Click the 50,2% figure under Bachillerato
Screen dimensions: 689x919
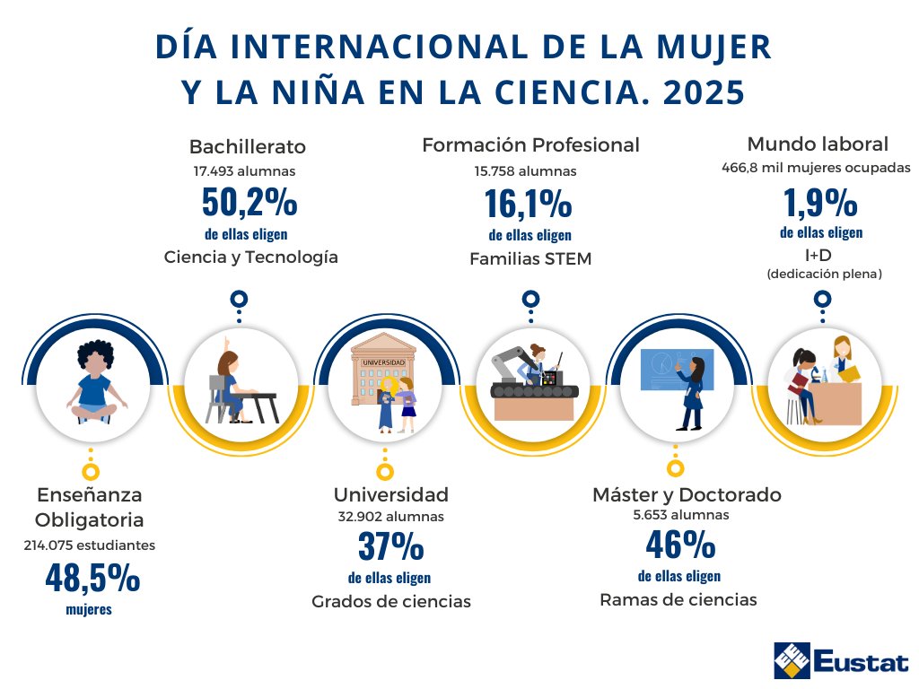(249, 203)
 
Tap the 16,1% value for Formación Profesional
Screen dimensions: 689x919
(529, 205)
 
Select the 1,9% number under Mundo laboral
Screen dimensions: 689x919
(820, 203)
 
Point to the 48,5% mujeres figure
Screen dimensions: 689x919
(92, 580)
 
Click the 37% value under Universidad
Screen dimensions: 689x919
(390, 545)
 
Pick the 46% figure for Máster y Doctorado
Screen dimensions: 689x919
(679, 544)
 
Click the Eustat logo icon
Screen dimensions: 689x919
(792, 661)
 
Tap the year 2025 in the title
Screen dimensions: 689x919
(701, 92)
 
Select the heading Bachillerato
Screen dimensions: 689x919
(248, 146)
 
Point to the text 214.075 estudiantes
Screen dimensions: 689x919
(89, 545)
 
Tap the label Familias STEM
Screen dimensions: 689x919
(530, 259)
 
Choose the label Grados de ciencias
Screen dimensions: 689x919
(390, 601)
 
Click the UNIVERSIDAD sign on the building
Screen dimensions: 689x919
(383, 362)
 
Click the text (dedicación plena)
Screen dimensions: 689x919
(824, 274)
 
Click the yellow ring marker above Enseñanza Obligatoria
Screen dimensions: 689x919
(90, 470)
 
